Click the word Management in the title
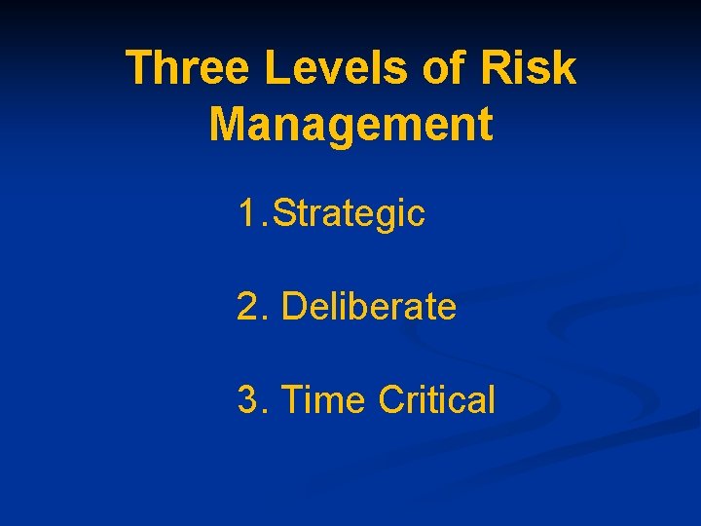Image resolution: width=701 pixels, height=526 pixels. coord(350,125)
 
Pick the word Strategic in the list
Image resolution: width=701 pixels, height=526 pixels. coord(350,214)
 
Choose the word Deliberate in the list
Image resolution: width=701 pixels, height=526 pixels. coord(368,307)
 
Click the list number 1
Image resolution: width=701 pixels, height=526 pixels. coord(248,213)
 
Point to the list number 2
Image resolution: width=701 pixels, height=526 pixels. coord(248,307)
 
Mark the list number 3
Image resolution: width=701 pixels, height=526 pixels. coord(248,399)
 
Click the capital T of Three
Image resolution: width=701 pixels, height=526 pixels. coord(140,69)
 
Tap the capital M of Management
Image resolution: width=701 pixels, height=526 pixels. coord(230,125)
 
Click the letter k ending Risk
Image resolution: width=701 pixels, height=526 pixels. coord(565,69)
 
